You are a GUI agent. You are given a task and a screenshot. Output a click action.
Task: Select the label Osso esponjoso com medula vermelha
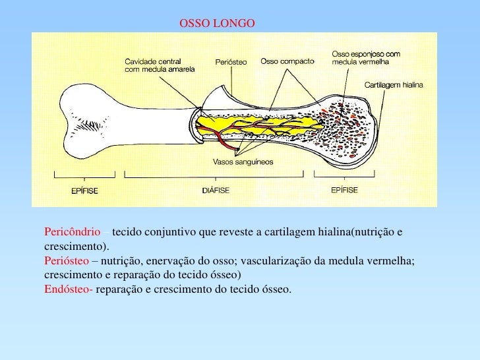(360, 58)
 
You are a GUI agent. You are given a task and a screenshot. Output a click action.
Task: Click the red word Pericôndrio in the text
(73, 233)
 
